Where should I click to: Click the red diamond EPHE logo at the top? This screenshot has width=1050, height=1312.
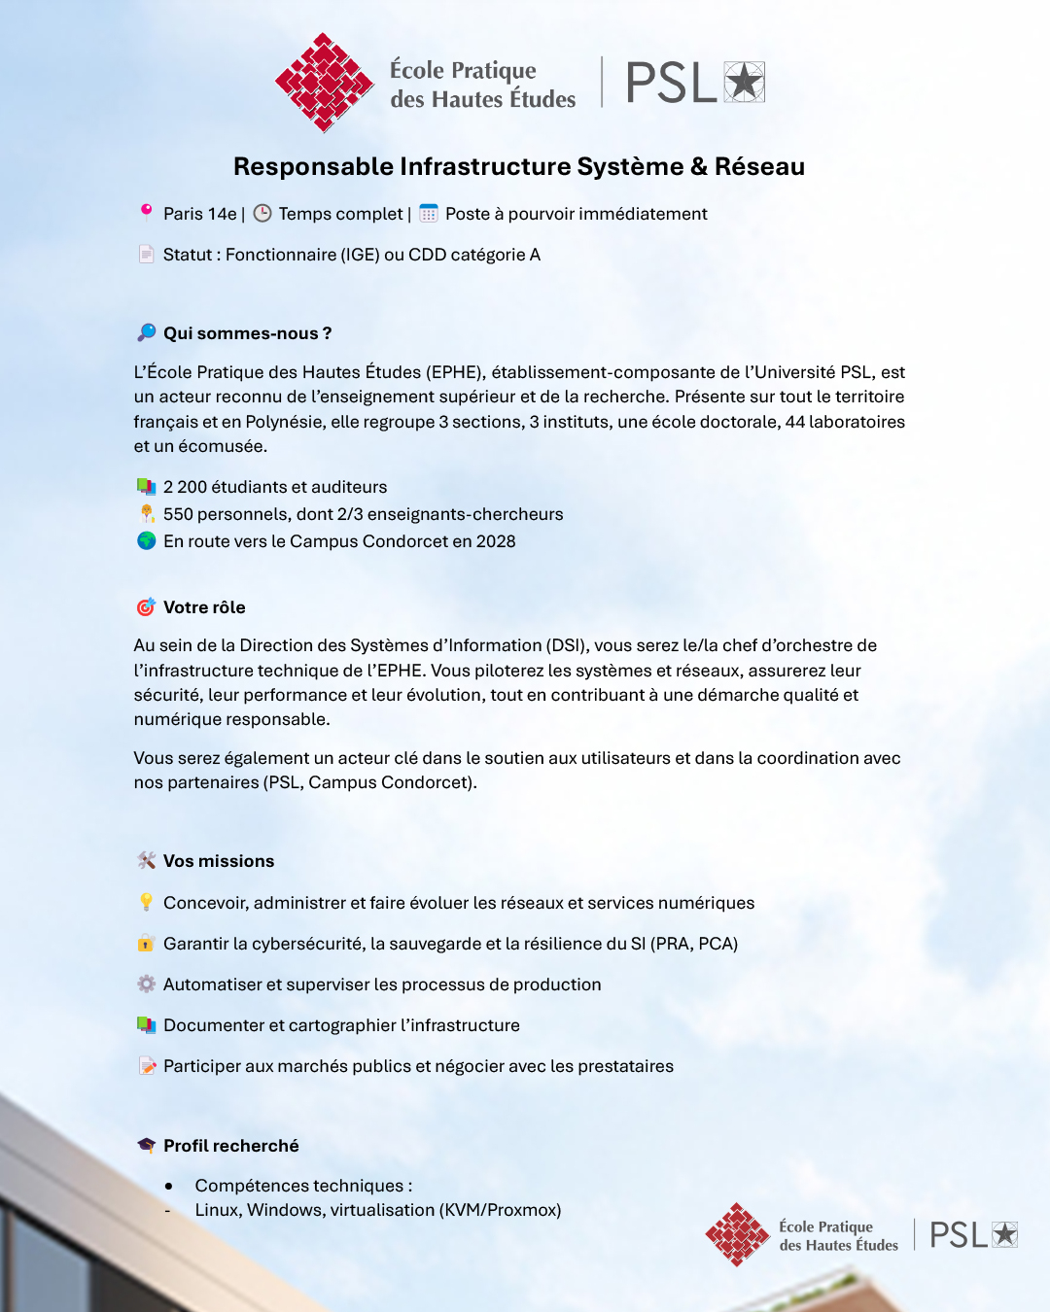324,83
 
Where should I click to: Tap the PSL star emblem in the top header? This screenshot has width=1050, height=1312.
745,82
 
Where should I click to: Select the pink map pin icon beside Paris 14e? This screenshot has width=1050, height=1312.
146,212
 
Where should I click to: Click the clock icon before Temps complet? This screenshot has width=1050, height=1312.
262,213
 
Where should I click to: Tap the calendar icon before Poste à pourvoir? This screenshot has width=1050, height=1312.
429,213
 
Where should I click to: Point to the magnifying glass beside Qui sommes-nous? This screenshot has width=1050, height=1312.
146,332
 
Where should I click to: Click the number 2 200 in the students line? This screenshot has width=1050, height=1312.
185,487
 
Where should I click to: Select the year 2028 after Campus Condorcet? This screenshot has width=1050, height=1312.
496,541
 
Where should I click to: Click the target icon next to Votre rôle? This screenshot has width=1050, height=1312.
146,607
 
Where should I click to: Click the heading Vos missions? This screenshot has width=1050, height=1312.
219,861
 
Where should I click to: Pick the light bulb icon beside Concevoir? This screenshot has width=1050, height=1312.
146,903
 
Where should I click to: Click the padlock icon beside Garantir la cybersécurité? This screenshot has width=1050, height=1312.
146,943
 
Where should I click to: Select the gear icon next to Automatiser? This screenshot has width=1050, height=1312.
146,984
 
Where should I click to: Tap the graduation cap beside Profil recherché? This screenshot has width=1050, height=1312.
146,1145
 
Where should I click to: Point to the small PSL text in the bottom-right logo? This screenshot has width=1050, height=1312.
958,1235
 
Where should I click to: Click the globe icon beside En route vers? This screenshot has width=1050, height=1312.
146,540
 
